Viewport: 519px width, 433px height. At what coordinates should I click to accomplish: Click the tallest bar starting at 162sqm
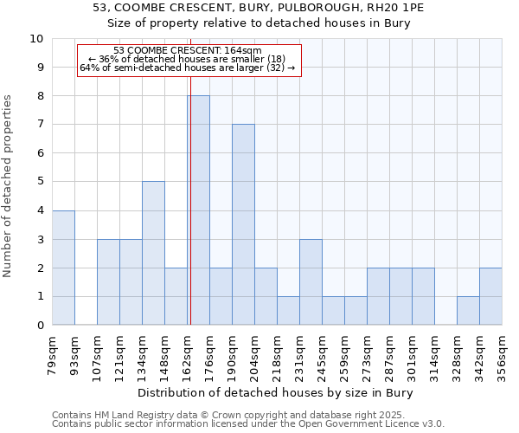pos(198,210)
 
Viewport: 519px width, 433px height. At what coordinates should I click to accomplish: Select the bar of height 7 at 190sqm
pos(243,224)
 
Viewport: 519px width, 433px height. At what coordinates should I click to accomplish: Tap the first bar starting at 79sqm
pos(63,268)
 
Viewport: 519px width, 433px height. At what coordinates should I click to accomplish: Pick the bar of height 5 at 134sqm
pos(153,253)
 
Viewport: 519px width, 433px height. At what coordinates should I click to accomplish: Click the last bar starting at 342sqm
pos(490,296)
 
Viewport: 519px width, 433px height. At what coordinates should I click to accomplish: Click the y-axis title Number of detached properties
pos(9,186)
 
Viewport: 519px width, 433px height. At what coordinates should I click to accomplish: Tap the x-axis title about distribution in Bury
pos(276,393)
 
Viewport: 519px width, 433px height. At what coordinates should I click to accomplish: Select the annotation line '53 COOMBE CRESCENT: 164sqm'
pos(188,51)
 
